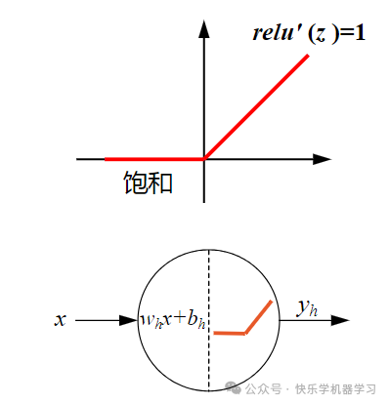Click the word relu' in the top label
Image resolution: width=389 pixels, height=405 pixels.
275,34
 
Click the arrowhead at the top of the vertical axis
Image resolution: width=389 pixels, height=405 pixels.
204,27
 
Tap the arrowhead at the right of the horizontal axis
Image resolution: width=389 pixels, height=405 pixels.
323,158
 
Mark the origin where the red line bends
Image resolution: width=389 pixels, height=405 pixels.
204,158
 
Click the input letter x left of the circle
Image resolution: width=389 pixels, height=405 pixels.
61,319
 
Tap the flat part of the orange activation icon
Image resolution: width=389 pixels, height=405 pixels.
230,333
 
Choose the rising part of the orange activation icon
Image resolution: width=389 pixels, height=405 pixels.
259,316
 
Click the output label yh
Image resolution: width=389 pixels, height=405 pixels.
307,308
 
